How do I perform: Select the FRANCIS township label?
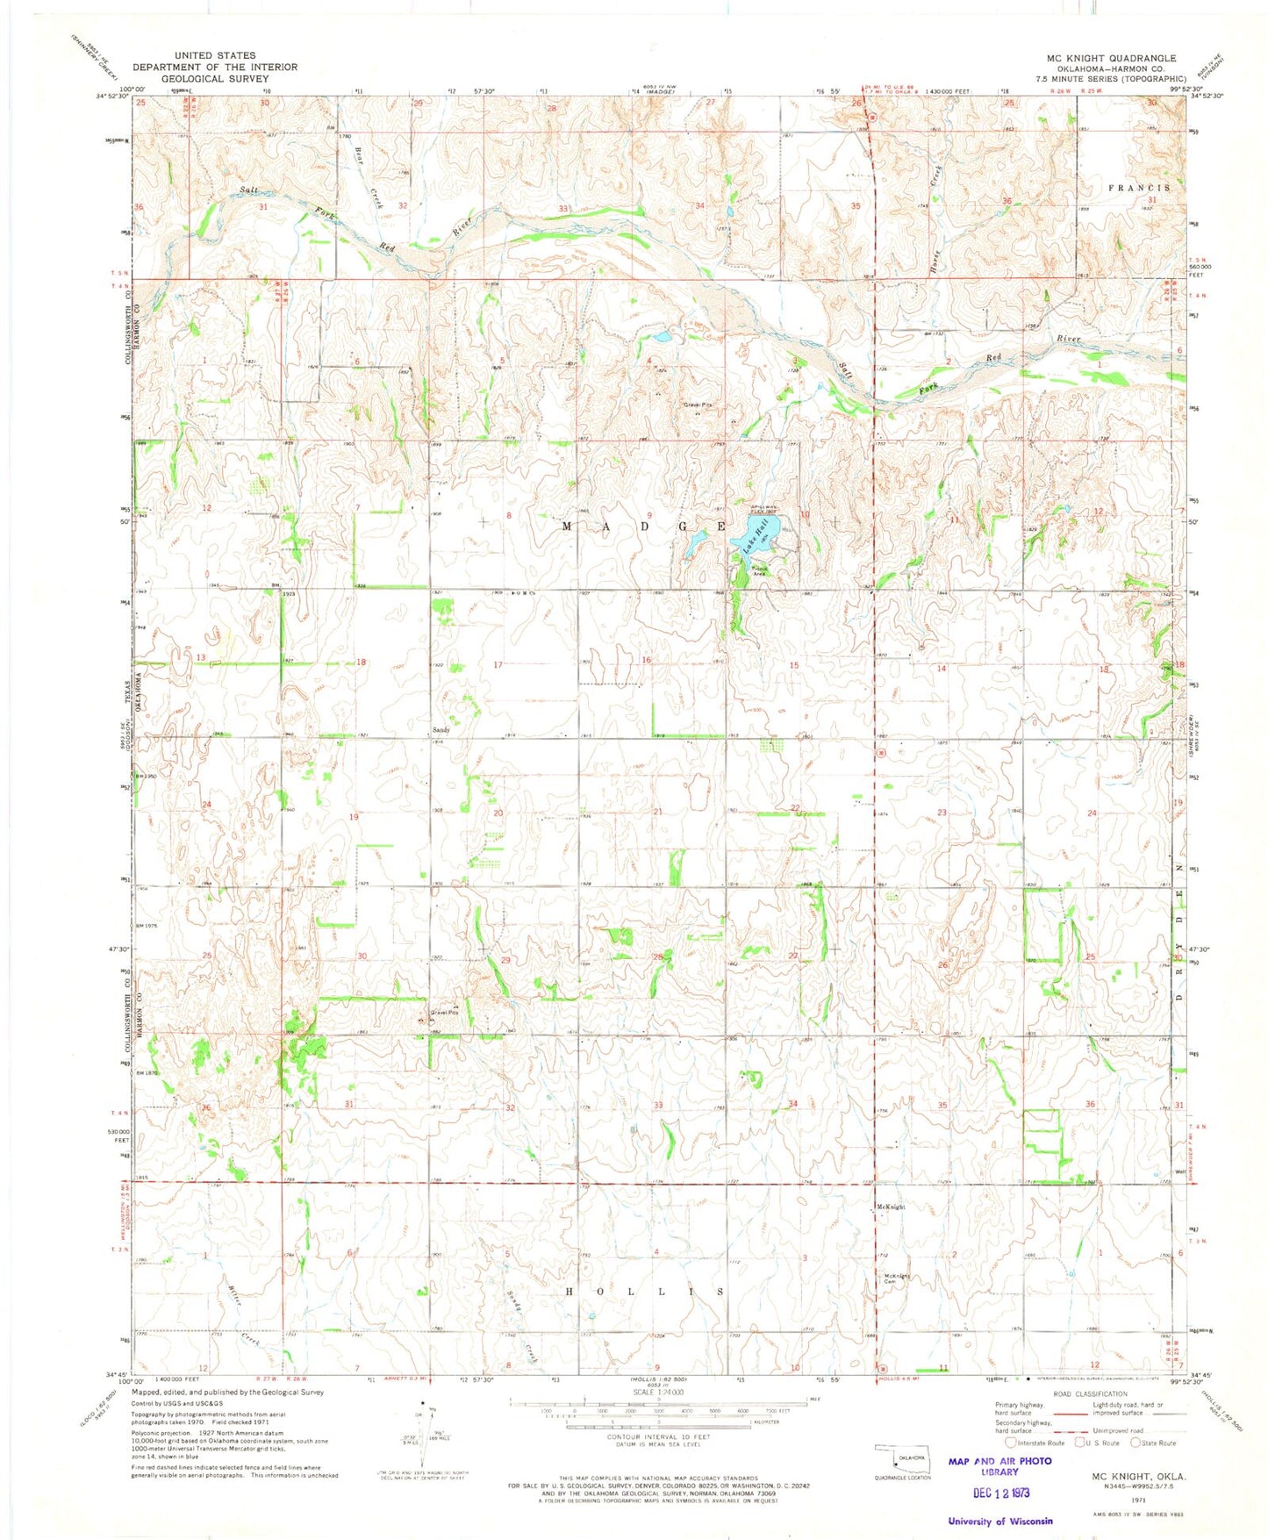[x=1138, y=188]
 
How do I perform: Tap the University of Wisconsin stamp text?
[x=1000, y=1522]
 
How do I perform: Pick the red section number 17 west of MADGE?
[x=498, y=664]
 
